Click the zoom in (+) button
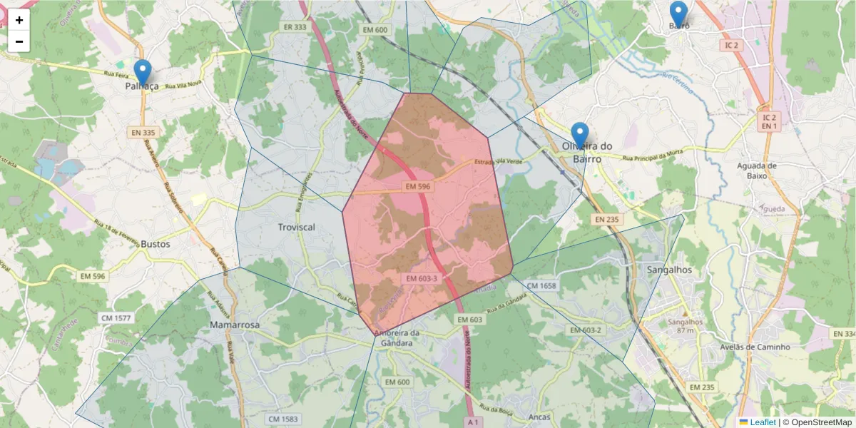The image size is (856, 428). (19, 20)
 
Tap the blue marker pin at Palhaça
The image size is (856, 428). (143, 73)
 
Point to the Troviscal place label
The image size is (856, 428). (296, 227)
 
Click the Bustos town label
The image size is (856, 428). (156, 244)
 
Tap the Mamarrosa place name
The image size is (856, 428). (235, 325)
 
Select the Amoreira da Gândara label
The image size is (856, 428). (397, 338)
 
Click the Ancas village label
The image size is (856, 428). (541, 417)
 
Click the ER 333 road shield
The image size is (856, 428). (295, 27)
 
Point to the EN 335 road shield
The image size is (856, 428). (143, 133)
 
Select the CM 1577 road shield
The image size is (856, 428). (116, 317)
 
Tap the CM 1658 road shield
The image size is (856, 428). (542, 285)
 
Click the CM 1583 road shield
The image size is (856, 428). (283, 419)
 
